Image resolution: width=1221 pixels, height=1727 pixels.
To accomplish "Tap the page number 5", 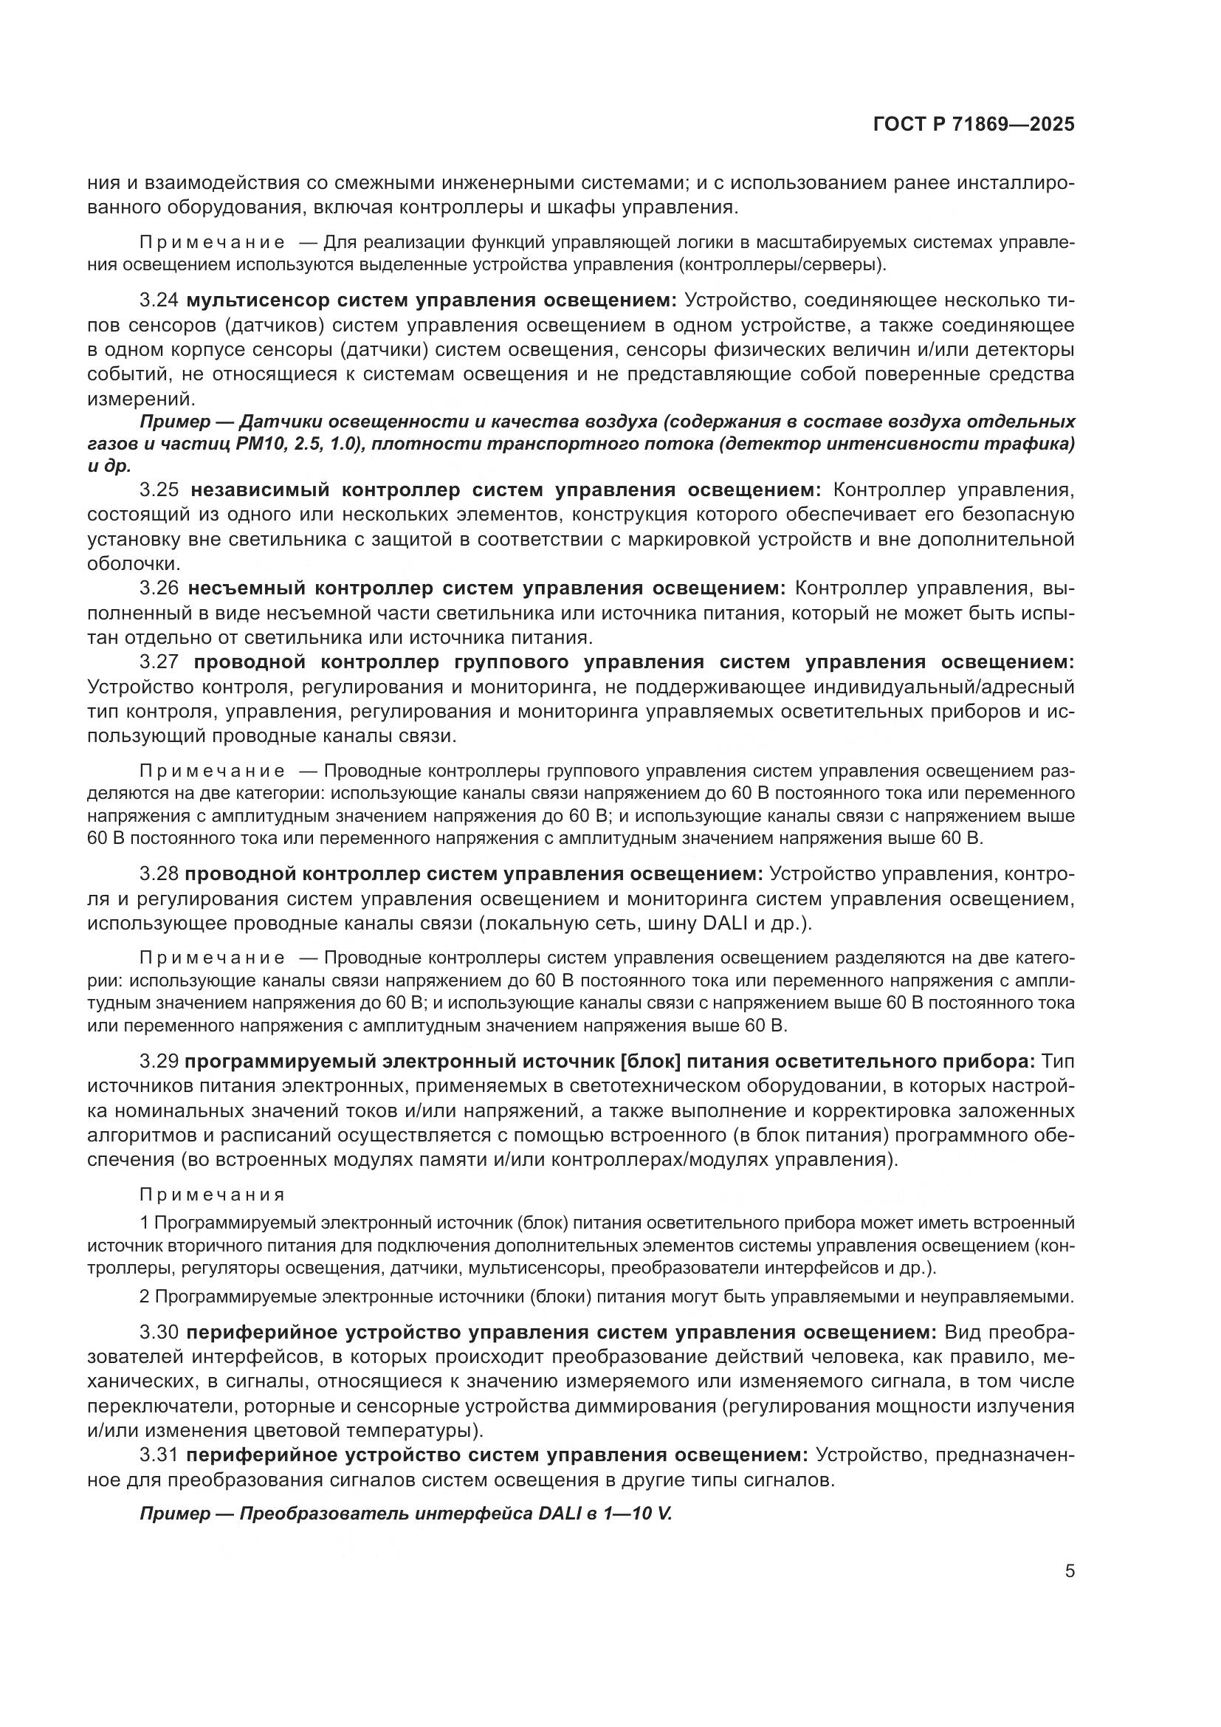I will [x=1069, y=1571].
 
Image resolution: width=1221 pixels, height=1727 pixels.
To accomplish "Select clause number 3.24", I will [x=159, y=301].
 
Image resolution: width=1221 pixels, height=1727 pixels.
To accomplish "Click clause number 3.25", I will [x=159, y=490].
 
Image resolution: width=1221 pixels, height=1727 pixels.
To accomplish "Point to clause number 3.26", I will [x=159, y=588].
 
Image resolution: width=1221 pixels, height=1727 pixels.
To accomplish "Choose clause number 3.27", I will [x=159, y=662].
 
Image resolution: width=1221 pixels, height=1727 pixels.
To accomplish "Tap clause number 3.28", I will [x=159, y=874].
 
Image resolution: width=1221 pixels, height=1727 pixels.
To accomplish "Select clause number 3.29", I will [x=159, y=1061].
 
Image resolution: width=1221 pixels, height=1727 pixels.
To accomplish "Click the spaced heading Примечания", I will [x=212, y=1195].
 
